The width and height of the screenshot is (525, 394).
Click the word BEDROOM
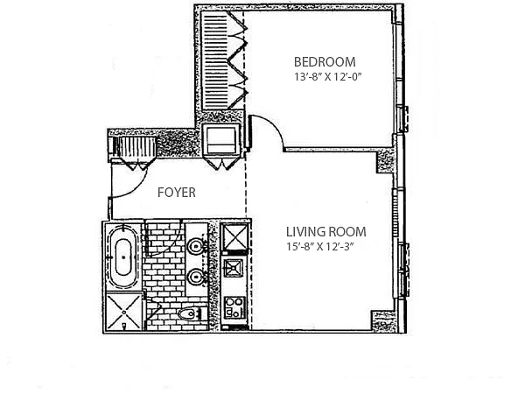click(x=325, y=62)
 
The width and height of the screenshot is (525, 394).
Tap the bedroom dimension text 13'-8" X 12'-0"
click(x=328, y=77)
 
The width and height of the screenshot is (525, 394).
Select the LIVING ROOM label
click(x=325, y=232)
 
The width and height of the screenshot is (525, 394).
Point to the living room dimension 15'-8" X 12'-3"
click(x=320, y=247)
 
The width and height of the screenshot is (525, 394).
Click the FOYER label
click(x=177, y=193)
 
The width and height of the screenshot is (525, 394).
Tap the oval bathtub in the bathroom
click(x=123, y=257)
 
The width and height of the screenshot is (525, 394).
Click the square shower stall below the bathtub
click(x=124, y=313)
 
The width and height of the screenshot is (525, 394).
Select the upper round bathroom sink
click(x=195, y=247)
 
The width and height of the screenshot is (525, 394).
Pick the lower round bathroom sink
click(x=195, y=277)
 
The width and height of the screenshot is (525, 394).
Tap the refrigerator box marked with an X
click(x=235, y=237)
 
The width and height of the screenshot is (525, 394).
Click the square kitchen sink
click(x=233, y=268)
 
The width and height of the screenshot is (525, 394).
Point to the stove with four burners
click(x=234, y=307)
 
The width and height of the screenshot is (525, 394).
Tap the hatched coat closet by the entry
click(x=134, y=146)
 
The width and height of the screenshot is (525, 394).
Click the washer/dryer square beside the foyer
click(x=221, y=139)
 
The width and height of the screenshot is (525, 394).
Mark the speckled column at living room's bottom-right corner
click(x=383, y=321)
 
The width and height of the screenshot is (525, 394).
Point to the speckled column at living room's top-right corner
click(x=386, y=161)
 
